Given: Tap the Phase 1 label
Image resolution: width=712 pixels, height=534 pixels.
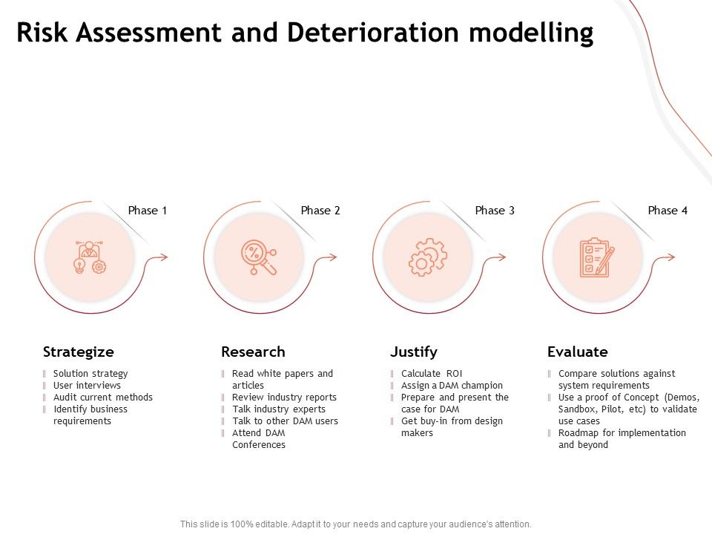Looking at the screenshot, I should click(148, 211).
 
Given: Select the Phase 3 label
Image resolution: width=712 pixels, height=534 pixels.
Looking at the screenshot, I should click(495, 211).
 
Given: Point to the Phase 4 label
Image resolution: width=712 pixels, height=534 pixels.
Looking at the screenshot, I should click(667, 211).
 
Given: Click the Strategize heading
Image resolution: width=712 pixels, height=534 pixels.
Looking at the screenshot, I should click(79, 352).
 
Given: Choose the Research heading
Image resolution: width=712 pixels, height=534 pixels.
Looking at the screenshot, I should click(253, 352).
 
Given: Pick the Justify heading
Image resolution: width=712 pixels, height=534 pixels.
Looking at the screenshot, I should click(414, 352).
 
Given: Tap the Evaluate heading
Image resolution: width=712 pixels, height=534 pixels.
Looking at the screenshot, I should click(577, 352).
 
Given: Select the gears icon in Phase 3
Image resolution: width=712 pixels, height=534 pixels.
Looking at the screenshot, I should click(428, 257).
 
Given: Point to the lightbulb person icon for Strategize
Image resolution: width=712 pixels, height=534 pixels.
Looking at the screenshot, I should click(90, 257).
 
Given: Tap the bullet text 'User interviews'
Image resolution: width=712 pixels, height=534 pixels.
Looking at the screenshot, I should click(87, 386).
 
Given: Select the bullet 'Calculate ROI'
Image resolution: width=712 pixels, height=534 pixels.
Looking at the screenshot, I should click(431, 374).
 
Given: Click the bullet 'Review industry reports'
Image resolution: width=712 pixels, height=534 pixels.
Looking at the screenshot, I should click(284, 398).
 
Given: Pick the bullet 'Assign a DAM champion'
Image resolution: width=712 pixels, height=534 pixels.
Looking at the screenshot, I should click(452, 386).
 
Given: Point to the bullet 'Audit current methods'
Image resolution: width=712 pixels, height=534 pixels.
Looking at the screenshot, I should click(102, 398).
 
